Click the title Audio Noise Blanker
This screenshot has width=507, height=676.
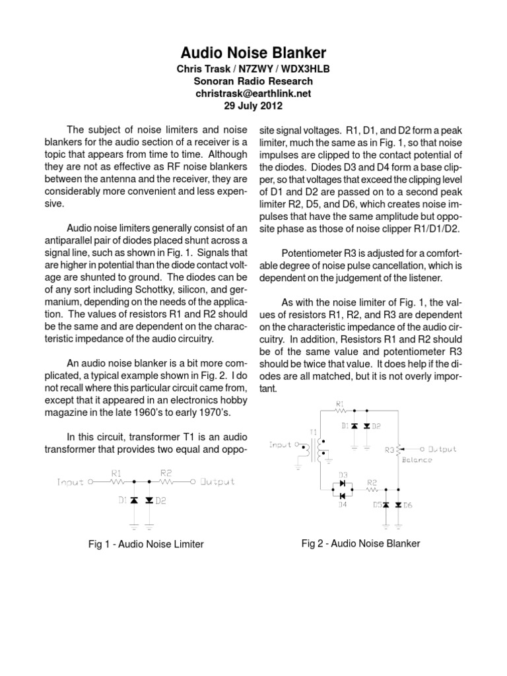[x=253, y=53]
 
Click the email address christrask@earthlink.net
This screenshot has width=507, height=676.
[x=253, y=94]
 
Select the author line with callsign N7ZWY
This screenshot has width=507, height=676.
[x=253, y=69]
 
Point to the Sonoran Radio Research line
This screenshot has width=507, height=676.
[x=253, y=81]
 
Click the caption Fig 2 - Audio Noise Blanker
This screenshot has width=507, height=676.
[x=361, y=543]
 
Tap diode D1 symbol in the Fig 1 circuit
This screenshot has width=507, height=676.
[x=134, y=500]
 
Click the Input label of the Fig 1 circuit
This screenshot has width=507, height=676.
[x=71, y=482]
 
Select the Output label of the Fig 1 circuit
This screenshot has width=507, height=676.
[x=218, y=482]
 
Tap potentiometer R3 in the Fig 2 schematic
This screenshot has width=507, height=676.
[x=401, y=450]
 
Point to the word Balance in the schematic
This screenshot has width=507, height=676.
[x=417, y=459]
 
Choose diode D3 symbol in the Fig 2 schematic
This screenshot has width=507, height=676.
[x=342, y=484]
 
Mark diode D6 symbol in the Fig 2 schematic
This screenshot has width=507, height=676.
[x=398, y=504]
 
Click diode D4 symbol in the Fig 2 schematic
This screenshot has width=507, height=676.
[x=342, y=495]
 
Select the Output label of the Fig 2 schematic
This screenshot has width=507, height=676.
[x=438, y=449]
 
